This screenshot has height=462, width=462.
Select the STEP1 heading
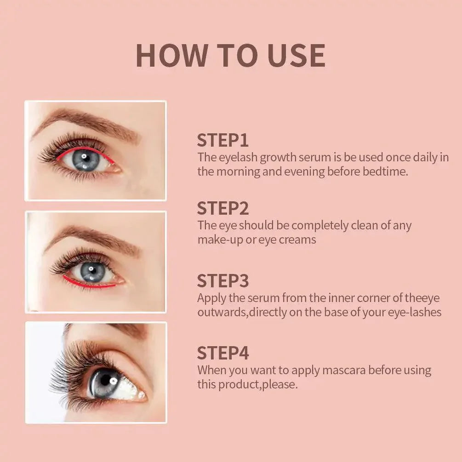(x=223, y=140)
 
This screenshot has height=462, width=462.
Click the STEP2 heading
(x=223, y=208)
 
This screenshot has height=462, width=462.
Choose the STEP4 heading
(x=223, y=353)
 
